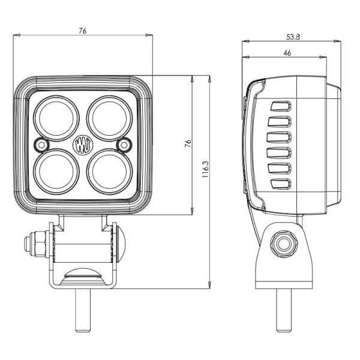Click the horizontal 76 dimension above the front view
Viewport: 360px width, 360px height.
(x=82, y=31)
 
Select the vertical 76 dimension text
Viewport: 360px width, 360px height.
(x=188, y=143)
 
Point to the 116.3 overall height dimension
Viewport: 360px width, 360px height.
(x=205, y=170)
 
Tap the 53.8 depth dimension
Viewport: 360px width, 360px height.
(x=293, y=37)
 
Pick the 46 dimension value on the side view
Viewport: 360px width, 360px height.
(x=287, y=53)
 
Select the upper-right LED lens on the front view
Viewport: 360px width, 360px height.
(x=109, y=117)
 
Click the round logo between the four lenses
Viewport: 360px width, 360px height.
(x=82, y=144)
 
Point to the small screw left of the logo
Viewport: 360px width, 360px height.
(x=41, y=144)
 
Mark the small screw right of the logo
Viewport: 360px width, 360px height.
(x=124, y=143)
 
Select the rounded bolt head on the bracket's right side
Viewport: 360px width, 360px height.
(x=121, y=244)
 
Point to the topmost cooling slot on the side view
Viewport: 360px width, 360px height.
(x=280, y=107)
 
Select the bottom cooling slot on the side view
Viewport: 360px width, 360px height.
(x=280, y=184)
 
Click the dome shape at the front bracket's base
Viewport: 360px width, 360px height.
(x=82, y=274)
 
